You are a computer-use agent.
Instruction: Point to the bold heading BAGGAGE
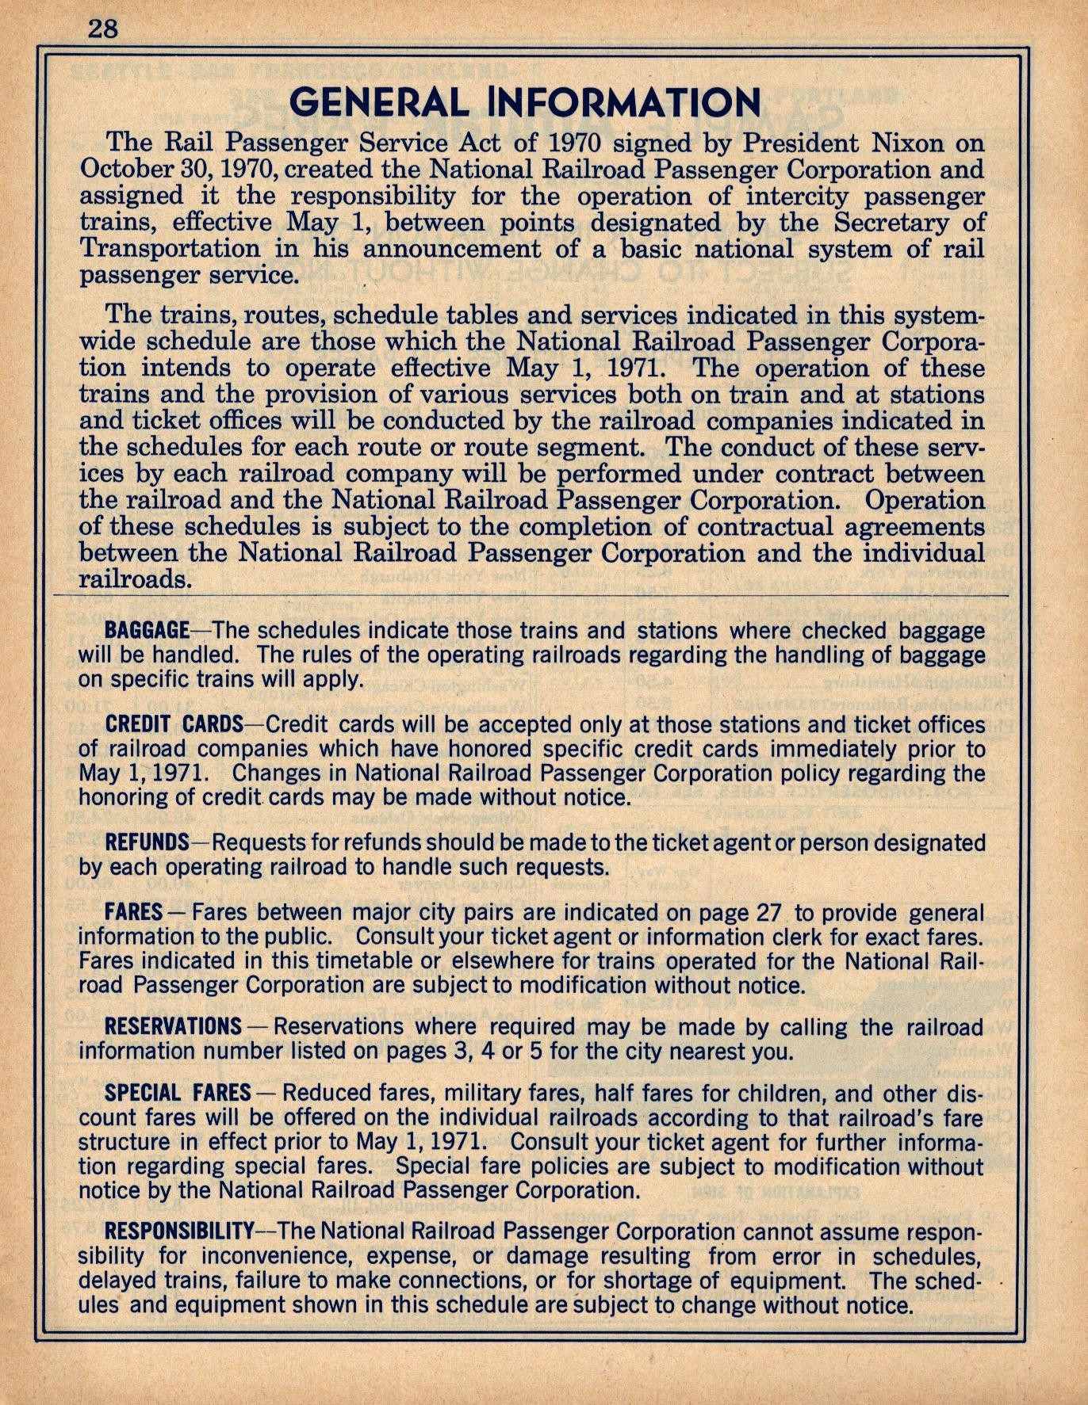146,631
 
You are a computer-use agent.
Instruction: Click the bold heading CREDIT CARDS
174,724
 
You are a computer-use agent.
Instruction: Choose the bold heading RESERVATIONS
173,1026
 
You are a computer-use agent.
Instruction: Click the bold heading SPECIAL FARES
178,1093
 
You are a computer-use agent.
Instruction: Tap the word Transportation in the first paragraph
169,249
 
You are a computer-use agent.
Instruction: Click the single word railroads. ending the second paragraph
136,578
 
